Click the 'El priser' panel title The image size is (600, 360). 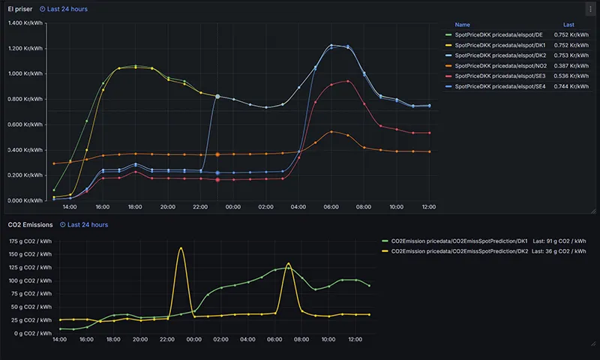(x=20, y=9)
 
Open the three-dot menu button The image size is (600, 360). (x=590, y=9)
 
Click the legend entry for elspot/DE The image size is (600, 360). (x=499, y=34)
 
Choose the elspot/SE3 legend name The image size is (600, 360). (x=500, y=76)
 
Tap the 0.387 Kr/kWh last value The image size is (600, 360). (x=571, y=66)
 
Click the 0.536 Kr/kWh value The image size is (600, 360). (x=571, y=76)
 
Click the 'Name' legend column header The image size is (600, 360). (x=462, y=25)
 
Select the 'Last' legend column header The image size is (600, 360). (x=568, y=25)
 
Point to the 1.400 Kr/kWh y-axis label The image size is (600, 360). (x=25, y=23)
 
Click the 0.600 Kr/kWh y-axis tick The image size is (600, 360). (x=25, y=124)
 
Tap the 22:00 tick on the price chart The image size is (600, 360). (x=200, y=207)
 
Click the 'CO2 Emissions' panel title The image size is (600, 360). (x=30, y=225)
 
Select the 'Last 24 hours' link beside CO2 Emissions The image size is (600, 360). (x=84, y=225)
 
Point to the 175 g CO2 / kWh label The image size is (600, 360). (x=30, y=241)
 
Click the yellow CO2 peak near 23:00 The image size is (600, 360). (x=181, y=248)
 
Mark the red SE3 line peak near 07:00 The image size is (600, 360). (x=348, y=81)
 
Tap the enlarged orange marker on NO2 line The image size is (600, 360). (x=217, y=154)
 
